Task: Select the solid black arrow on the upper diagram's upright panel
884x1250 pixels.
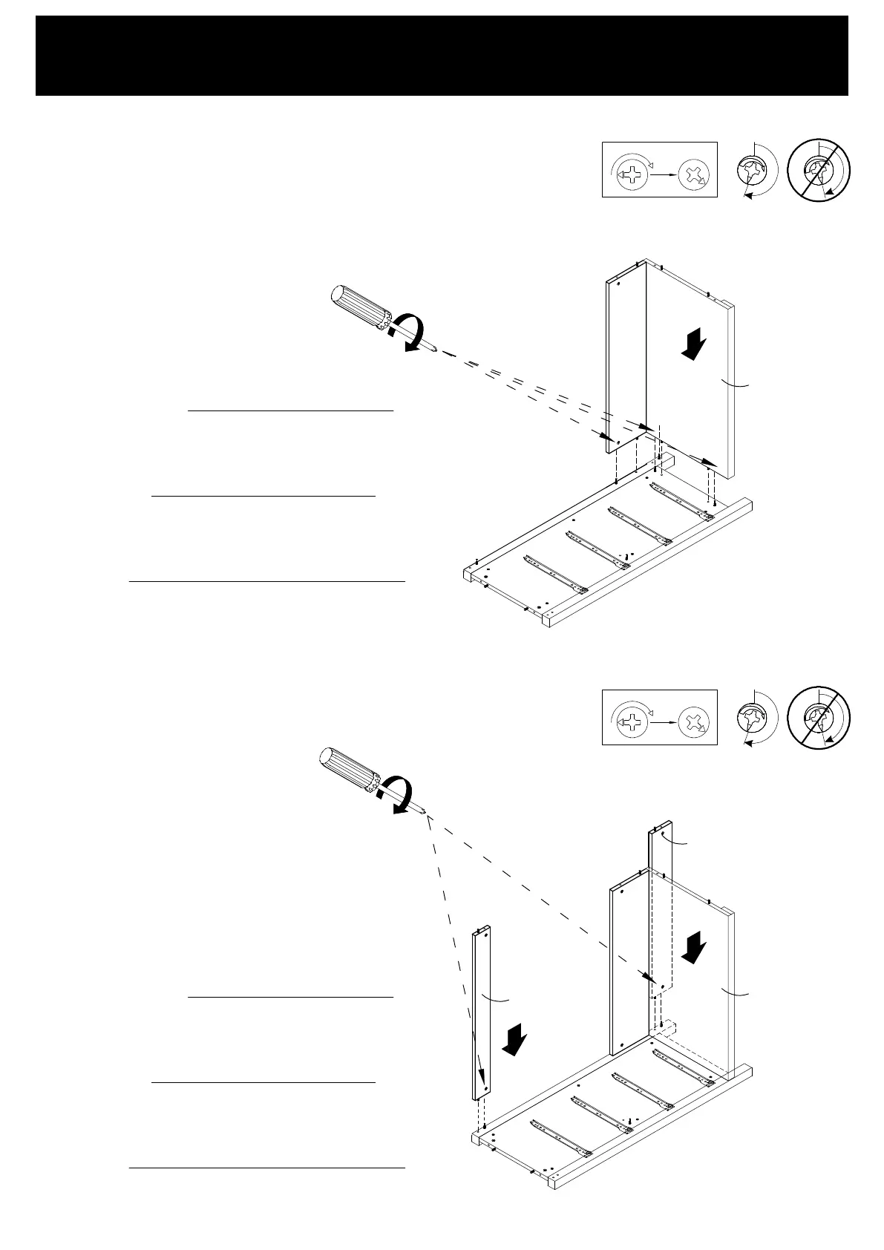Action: pos(695,345)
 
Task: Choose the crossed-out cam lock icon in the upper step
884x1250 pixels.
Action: pos(819,170)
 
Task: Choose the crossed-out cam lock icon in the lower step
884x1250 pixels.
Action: pos(819,718)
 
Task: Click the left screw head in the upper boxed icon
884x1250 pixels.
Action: pos(632,176)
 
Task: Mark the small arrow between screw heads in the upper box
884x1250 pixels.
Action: pos(663,176)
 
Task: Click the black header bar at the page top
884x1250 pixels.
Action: pos(442,55)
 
